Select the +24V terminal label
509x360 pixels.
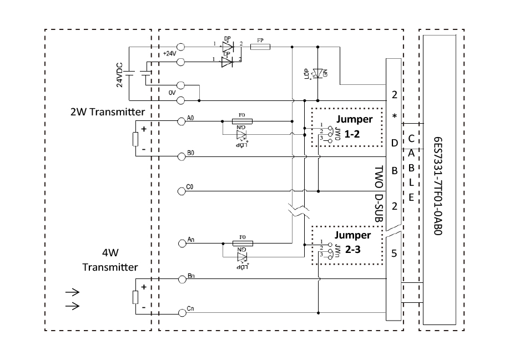point(169,53)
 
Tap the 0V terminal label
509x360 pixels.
point(172,93)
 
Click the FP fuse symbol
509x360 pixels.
point(260,48)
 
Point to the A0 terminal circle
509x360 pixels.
point(181,120)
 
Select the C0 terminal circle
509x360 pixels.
point(181,191)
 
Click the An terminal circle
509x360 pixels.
point(181,243)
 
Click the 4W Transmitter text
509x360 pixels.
point(110,260)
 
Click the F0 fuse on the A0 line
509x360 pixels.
point(241,120)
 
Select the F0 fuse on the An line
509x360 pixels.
point(241,243)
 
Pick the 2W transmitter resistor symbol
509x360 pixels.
point(135,139)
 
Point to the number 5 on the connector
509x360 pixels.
point(394,254)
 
